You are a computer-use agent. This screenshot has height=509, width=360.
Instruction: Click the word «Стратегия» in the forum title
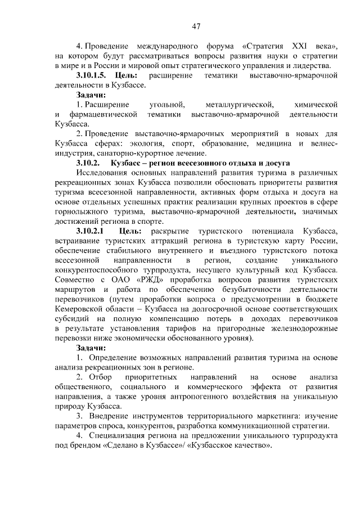coord(265,46)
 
